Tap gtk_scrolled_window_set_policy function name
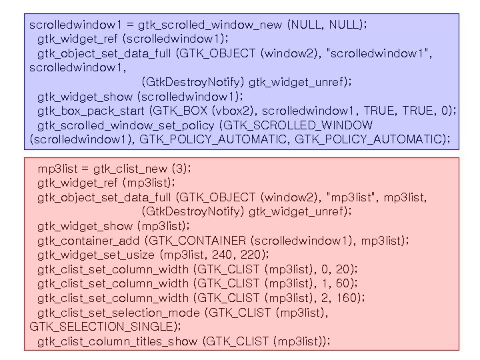127,125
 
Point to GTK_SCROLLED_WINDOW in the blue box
299,125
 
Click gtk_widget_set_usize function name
96,255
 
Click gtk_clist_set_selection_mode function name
118,313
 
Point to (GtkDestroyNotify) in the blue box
193,82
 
